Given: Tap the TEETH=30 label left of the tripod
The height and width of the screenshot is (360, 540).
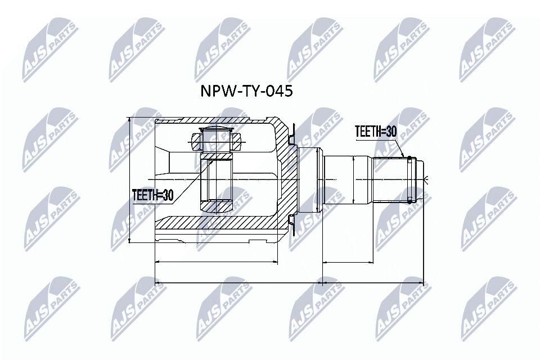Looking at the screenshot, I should coord(152,195).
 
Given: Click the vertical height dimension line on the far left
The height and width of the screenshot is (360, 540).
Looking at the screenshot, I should coord(130,180).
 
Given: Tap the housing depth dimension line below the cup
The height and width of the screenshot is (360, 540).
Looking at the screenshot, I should coord(216,262).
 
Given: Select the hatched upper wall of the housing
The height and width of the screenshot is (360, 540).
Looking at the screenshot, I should coord(219,123).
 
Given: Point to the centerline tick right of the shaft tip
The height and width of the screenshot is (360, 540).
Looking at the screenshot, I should coord(427,179).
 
